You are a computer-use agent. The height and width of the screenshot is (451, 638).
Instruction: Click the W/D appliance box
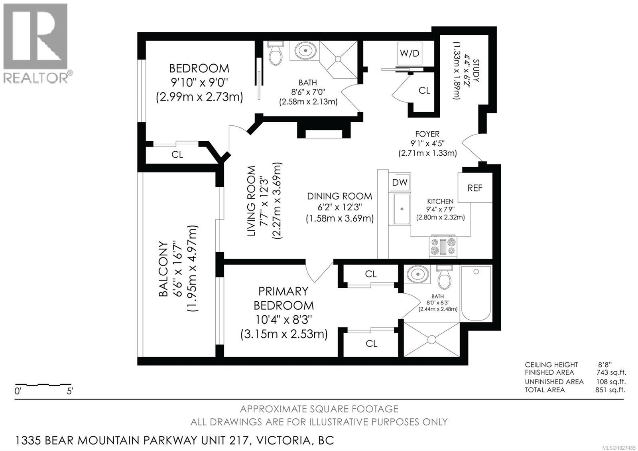pos(410,53)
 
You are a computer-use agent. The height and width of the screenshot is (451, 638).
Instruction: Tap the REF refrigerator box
pos(475,188)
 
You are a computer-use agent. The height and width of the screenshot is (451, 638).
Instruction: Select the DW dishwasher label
pos(400,182)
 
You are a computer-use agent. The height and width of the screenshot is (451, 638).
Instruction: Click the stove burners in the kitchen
pos(442,246)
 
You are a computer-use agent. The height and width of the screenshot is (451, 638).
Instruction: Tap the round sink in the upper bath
pos(306,51)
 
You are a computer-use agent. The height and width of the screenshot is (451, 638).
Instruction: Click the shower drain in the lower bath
pos(431,340)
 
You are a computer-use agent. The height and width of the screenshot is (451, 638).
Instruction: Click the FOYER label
pos(427,135)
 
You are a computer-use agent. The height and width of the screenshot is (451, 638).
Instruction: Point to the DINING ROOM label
pos(339,196)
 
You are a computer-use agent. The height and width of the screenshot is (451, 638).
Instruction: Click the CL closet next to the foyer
pos(424,91)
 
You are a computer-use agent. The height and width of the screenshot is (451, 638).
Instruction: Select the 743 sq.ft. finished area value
pos(610,372)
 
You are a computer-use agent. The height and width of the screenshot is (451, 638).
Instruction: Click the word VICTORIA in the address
pos(283,440)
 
